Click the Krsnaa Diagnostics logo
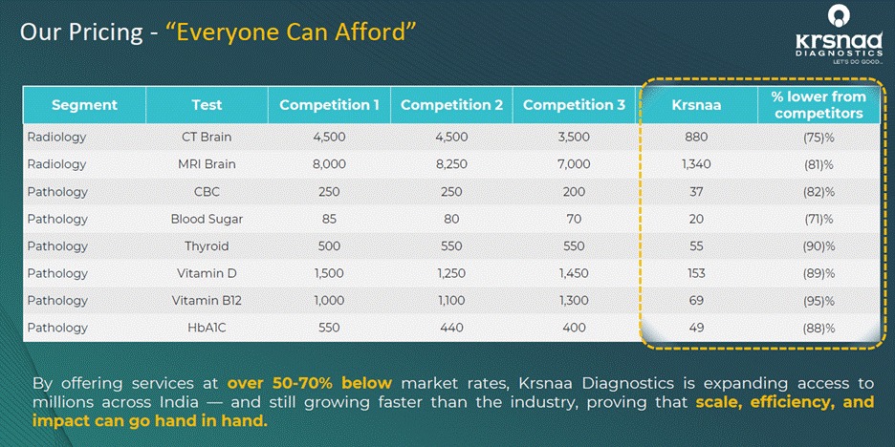coord(840,35)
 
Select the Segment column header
coord(84,105)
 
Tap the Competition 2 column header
coord(451,105)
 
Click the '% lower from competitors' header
coord(819,105)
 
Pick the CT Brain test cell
coord(207,137)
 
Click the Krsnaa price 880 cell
coord(697,137)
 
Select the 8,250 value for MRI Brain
coord(451,164)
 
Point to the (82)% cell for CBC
coord(819,192)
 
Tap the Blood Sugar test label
coord(207,219)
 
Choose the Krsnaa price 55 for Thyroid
coord(697,246)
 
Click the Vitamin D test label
coord(207,274)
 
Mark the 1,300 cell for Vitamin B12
coord(574,301)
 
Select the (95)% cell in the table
coord(819,301)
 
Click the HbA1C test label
coord(207,328)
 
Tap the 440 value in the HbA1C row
coord(451,328)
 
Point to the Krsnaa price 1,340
coord(697,164)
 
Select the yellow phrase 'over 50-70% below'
coord(310,383)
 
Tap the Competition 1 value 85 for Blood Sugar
coord(329,219)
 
